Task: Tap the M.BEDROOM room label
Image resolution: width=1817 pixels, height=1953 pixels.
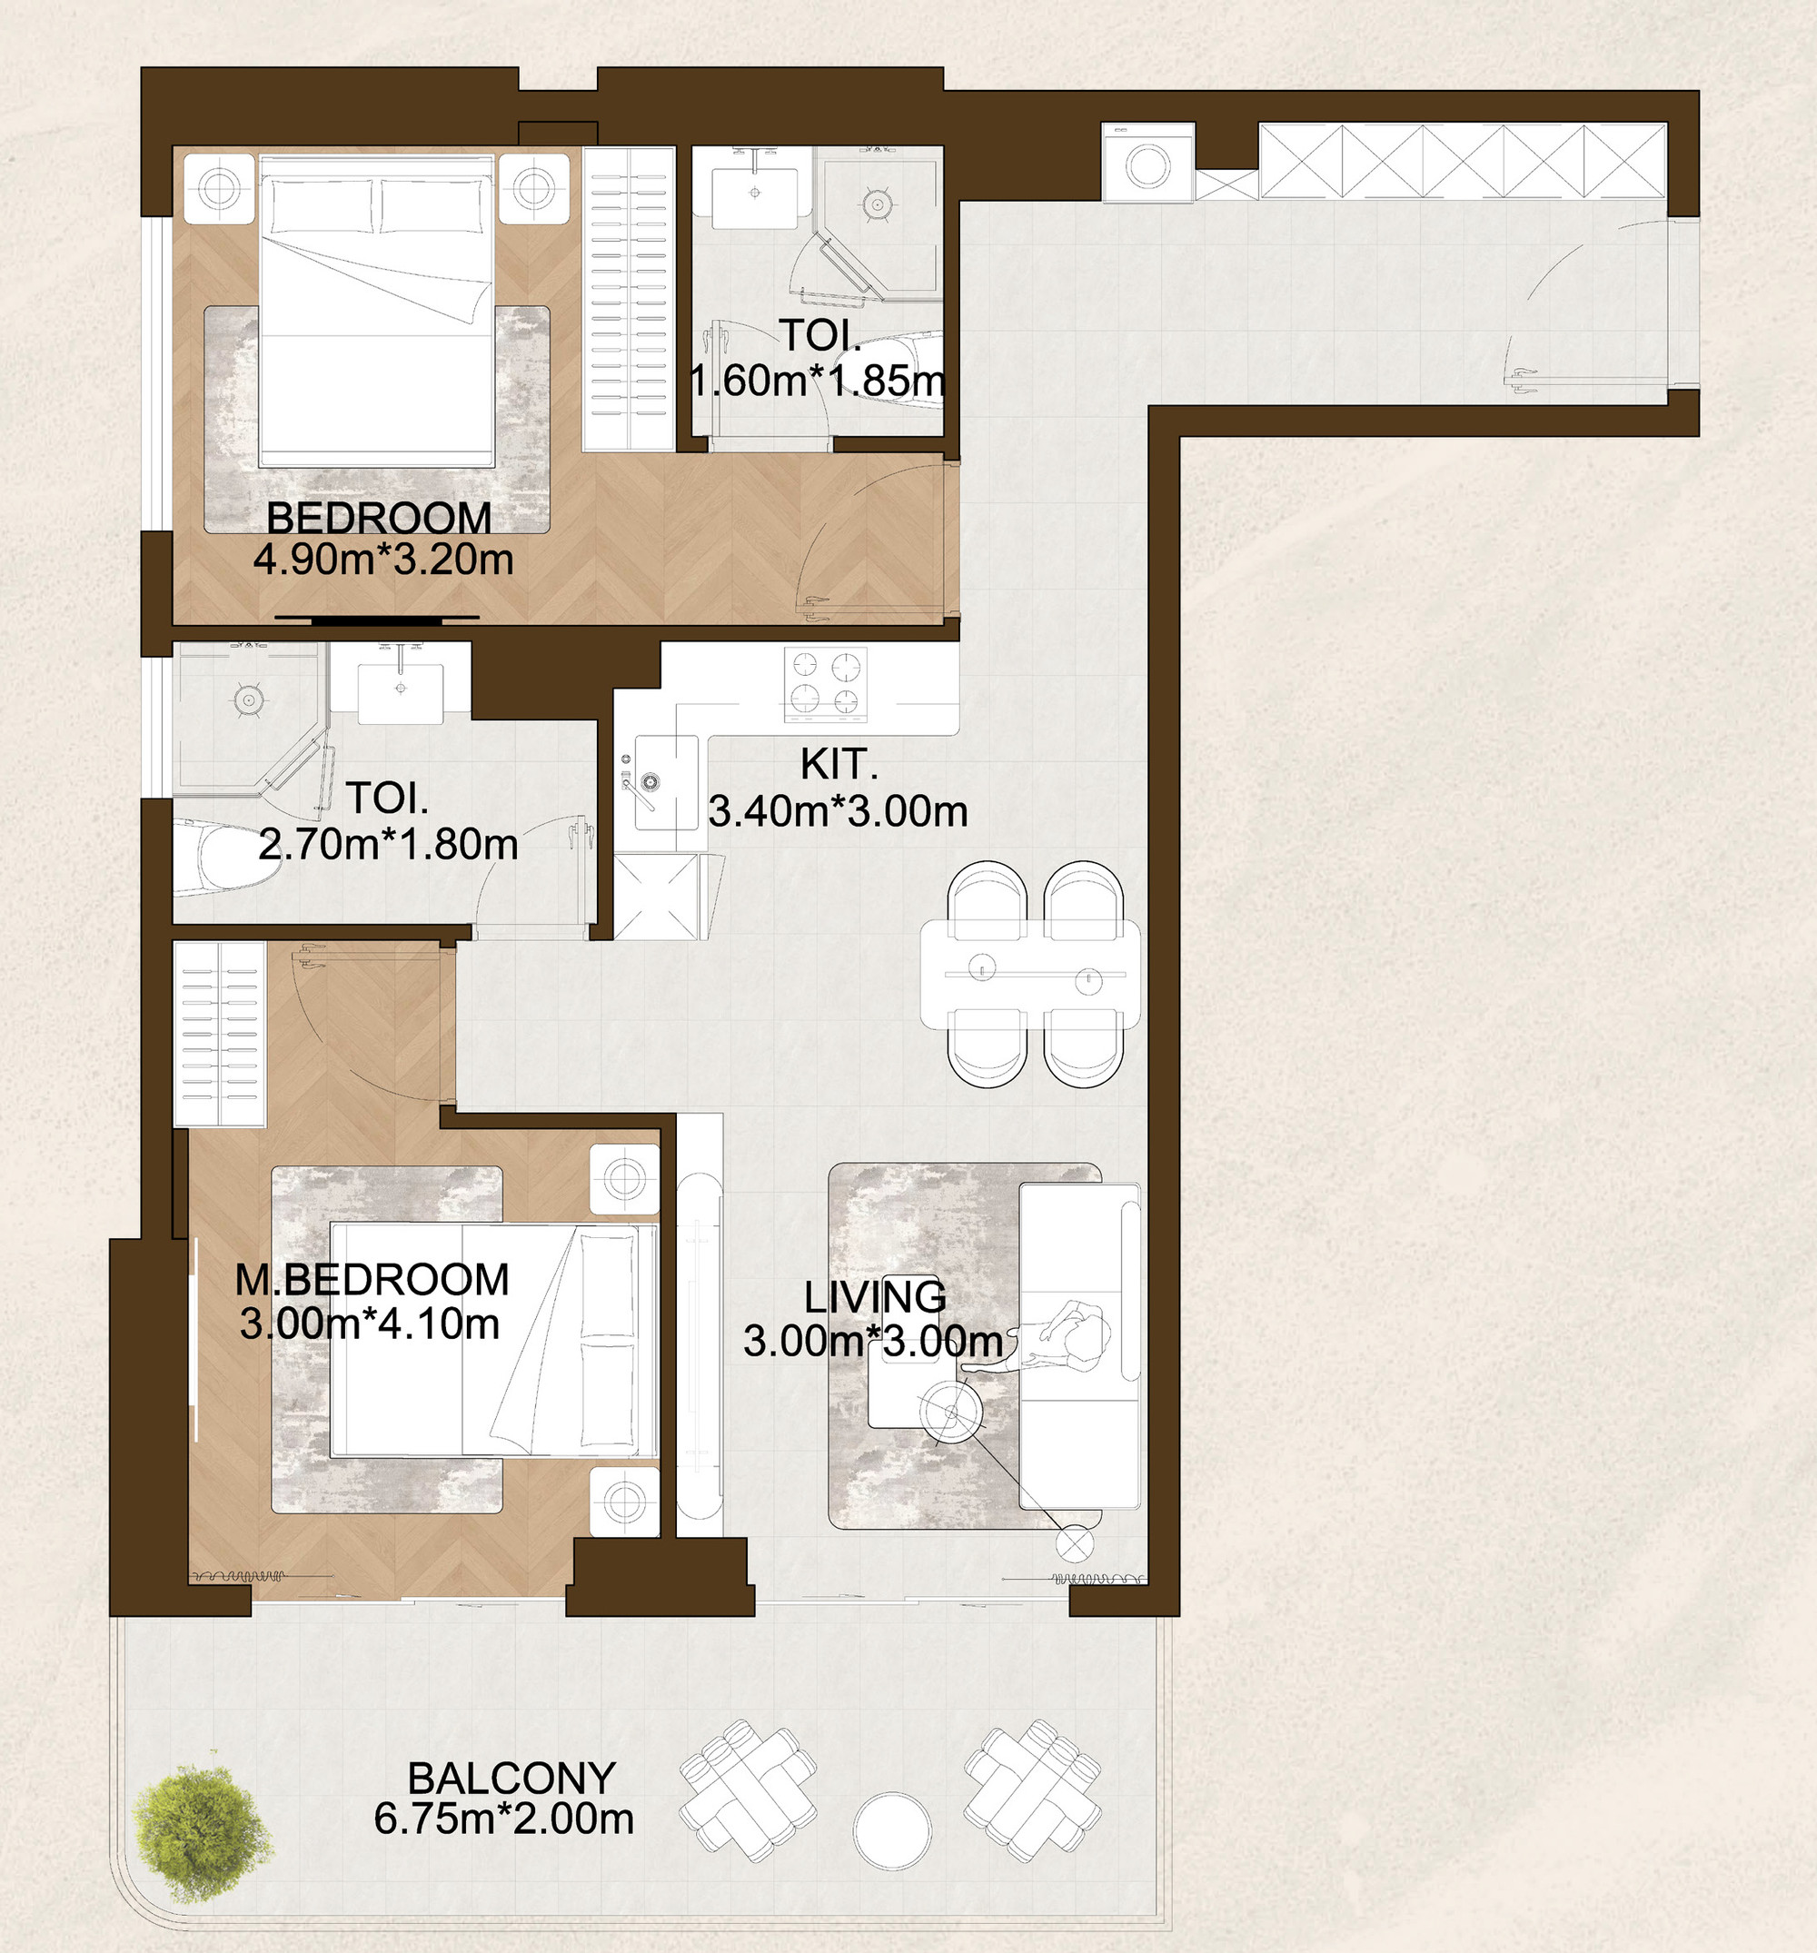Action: coord(372,1280)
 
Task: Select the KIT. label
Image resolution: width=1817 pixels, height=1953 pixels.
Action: coord(839,764)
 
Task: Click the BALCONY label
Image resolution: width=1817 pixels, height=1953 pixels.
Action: coord(512,1778)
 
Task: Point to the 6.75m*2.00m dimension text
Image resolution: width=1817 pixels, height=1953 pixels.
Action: coord(503,1819)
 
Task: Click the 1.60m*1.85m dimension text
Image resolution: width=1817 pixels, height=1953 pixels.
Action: coord(818,382)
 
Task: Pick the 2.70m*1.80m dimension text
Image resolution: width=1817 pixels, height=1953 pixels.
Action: coord(388,845)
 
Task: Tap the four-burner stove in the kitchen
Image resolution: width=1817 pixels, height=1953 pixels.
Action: coord(826,685)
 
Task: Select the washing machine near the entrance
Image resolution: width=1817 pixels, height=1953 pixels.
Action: coord(1147,164)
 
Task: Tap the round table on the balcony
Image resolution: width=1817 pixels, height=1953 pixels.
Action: coord(891,1830)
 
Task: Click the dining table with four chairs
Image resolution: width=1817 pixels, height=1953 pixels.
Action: coord(1031,975)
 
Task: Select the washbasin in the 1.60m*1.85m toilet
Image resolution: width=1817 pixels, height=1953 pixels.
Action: coord(755,192)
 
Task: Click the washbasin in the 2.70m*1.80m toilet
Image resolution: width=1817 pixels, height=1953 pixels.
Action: coord(400,692)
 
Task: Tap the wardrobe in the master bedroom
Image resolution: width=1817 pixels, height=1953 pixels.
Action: coord(220,1034)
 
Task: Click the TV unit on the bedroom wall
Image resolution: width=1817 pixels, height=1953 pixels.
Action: coord(377,620)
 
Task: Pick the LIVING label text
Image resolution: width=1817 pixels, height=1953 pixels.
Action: coord(875,1297)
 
